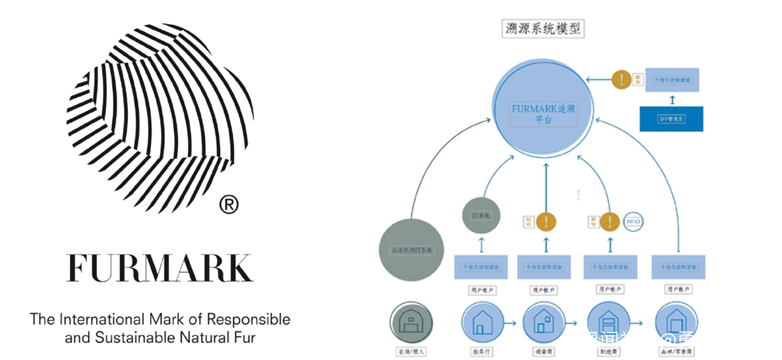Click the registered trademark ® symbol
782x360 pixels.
pyautogui.click(x=229, y=205)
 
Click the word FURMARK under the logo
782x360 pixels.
pyautogui.click(x=160, y=268)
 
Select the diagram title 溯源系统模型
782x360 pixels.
pyautogui.click(x=543, y=29)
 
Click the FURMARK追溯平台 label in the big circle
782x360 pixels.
pyautogui.click(x=543, y=114)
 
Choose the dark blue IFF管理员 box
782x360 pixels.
pyautogui.click(x=671, y=119)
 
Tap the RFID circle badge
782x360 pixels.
pyautogui.click(x=633, y=221)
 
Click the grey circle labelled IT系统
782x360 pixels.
pyautogui.click(x=481, y=216)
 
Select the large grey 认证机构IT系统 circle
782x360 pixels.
pyautogui.click(x=411, y=250)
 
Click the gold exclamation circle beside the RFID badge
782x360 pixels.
pyautogui.click(x=609, y=221)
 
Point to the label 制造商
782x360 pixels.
pyautogui.click(x=608, y=351)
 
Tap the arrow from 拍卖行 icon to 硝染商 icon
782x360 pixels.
pyautogui.click(x=511, y=323)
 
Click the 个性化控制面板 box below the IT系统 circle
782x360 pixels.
pyautogui.click(x=481, y=267)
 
